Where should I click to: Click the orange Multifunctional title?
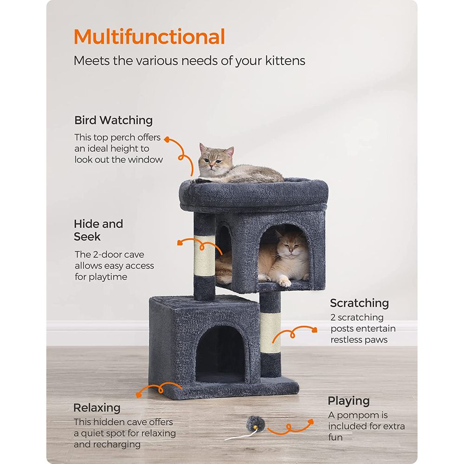tap(149, 37)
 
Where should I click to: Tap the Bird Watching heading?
tap(113, 120)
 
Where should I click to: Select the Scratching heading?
tap(359, 303)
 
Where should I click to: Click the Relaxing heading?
tap(97, 408)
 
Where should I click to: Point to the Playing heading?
tap(348, 400)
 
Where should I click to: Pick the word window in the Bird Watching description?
tap(146, 160)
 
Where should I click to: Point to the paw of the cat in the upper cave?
tap(284, 282)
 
